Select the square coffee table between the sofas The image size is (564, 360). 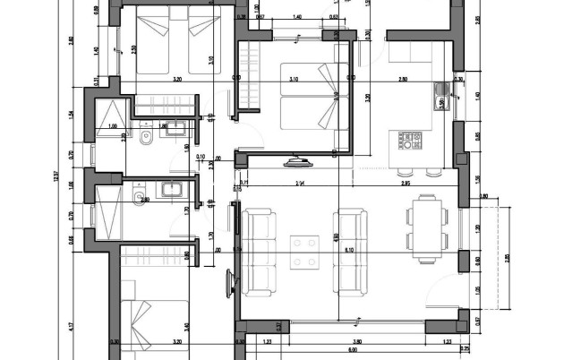pos(304,250)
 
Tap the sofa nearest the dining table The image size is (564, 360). pos(349,250)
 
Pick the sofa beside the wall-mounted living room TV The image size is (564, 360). pos(259,252)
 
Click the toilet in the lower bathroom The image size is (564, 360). pos(139,198)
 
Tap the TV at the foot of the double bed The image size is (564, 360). pos(297,161)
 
